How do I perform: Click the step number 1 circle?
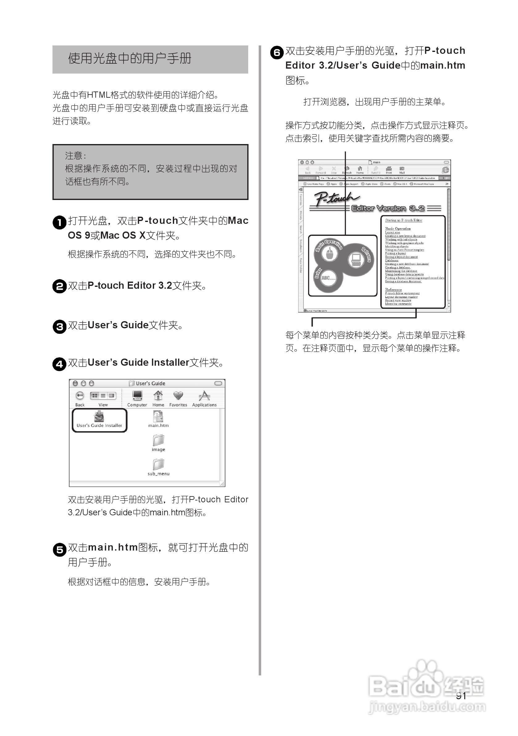[x=59, y=222]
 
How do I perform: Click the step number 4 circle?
[x=59, y=364]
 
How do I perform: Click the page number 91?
[x=461, y=695]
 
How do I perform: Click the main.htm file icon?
[x=158, y=416]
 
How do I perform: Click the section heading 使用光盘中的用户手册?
[x=130, y=59]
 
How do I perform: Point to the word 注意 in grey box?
[x=74, y=156]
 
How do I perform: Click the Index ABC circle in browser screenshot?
[x=328, y=278]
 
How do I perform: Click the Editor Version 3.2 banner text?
[x=388, y=208]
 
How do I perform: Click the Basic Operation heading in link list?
[x=398, y=228]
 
